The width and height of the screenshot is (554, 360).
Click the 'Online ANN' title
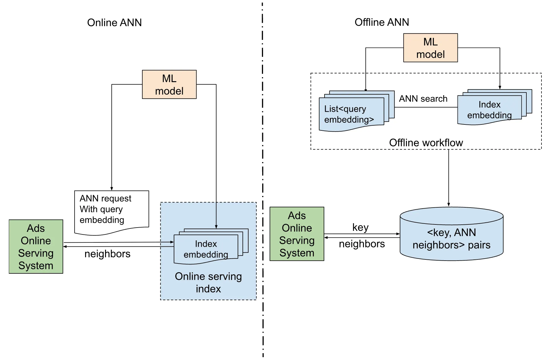tap(114, 22)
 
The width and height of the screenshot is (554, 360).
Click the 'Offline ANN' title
tap(381, 22)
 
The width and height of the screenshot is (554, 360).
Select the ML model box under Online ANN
tap(169, 85)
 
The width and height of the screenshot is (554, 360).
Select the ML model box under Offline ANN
tap(430, 48)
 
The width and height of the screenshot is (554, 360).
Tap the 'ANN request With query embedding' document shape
tap(111, 211)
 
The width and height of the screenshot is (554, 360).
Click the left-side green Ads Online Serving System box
tap(36, 247)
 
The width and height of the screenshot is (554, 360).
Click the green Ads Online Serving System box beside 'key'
tap(297, 234)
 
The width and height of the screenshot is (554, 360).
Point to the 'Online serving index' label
tap(208, 282)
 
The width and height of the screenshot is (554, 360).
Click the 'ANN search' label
tap(423, 99)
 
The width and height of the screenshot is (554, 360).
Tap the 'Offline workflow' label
tap(426, 143)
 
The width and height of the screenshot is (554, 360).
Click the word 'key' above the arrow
tap(360, 227)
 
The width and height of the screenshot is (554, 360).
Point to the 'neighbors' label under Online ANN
tap(107, 254)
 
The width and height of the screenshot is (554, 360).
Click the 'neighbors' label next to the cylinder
tap(362, 244)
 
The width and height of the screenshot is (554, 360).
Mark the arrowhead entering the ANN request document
tap(112, 189)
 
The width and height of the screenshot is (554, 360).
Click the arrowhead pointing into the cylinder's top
tap(449, 204)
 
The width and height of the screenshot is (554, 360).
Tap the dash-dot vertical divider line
tap(263, 182)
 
